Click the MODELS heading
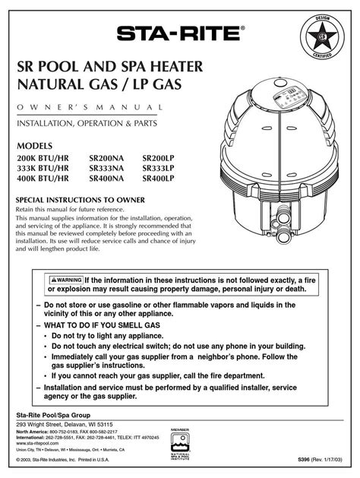pos(35,145)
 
